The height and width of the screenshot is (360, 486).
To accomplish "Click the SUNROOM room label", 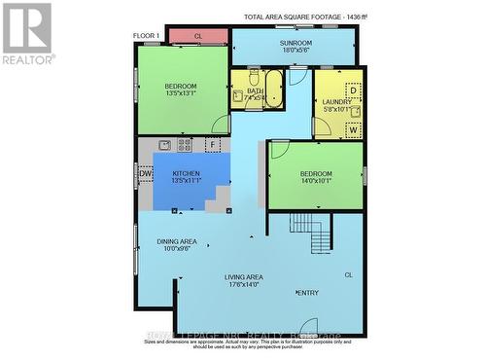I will click(295, 43).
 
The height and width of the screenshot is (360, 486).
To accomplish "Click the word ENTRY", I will click(307, 293).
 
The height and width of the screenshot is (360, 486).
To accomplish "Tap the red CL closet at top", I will click(197, 36).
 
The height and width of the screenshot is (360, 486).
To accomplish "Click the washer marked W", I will click(353, 127).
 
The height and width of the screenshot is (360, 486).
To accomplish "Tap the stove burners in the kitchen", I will click(185, 145).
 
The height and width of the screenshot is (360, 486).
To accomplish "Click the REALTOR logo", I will click(27, 33).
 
